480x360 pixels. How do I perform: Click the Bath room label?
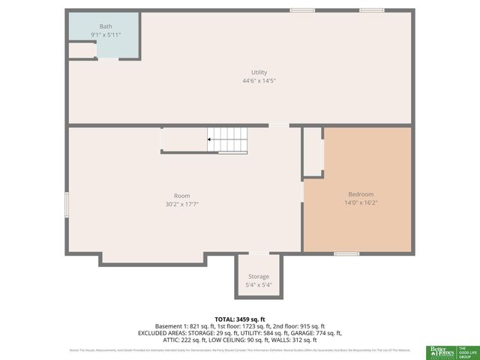point(85,26)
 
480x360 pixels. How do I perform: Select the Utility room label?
point(259,72)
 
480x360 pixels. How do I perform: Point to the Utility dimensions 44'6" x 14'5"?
point(259,80)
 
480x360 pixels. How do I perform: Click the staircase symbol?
point(226,139)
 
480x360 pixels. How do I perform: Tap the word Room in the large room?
point(181,196)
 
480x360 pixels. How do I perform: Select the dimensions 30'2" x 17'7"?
point(181,204)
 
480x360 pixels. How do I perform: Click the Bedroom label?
point(360,193)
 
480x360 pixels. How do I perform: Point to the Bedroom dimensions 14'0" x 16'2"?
point(360,202)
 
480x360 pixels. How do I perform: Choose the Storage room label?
point(259,277)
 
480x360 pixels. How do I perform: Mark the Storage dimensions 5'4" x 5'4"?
point(259,285)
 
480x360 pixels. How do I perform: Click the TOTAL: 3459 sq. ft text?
point(240,319)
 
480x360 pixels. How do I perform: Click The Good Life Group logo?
point(466,351)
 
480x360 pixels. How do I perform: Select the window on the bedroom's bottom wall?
point(346,253)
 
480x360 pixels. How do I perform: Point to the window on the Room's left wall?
point(67,205)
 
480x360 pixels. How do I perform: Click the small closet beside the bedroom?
point(313,151)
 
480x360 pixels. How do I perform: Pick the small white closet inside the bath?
point(80,50)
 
